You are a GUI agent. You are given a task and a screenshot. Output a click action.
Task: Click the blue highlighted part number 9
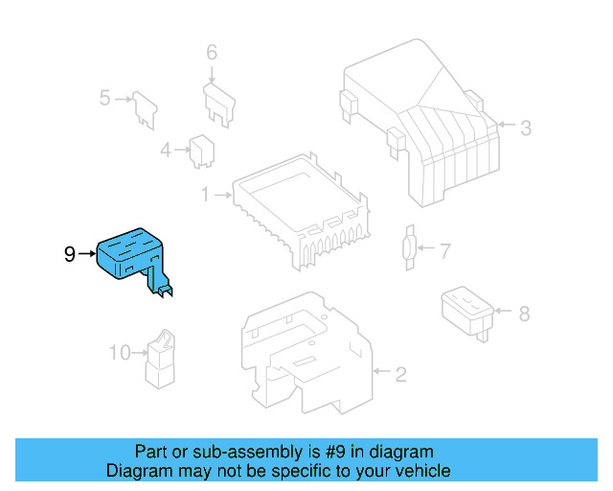[132, 253]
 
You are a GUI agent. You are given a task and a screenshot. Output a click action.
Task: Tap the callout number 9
[69, 254]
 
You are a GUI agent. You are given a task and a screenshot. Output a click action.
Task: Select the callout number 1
[204, 195]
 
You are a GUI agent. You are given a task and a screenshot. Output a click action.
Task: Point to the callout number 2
[400, 372]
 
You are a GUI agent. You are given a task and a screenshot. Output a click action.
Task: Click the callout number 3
[526, 126]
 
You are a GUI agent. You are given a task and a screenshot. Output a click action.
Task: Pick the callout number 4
[165, 150]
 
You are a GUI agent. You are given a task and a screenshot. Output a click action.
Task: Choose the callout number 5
[106, 97]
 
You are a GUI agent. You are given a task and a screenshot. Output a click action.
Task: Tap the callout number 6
[212, 52]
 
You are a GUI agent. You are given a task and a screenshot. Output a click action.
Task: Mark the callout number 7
[443, 251]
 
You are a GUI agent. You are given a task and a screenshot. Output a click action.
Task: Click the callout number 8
[523, 313]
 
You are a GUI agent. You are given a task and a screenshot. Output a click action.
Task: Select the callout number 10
[119, 353]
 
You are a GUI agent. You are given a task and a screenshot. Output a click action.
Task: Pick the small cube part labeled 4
[201, 150]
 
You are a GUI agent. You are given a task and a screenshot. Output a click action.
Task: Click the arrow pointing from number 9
[87, 254]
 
